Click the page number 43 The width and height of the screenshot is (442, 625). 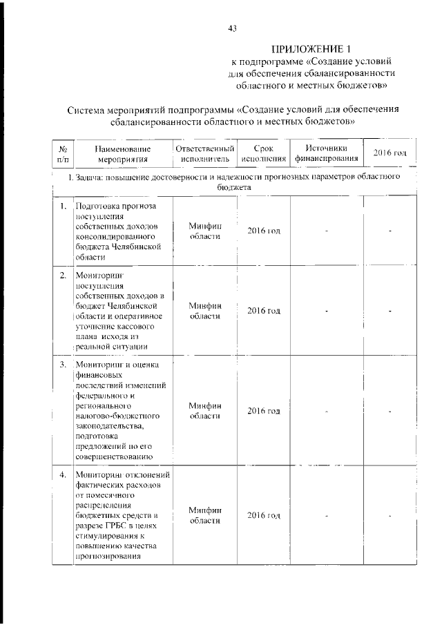(x=232, y=28)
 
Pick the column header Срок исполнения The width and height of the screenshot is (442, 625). (x=264, y=153)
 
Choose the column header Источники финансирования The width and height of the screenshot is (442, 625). (x=326, y=153)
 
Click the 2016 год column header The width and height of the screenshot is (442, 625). (x=390, y=153)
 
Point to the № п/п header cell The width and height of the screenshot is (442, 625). (x=62, y=153)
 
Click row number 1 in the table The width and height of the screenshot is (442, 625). (x=62, y=206)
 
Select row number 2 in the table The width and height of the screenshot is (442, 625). (x=62, y=276)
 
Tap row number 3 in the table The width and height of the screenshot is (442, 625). (x=62, y=365)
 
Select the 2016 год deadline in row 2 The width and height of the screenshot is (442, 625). (x=264, y=311)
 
